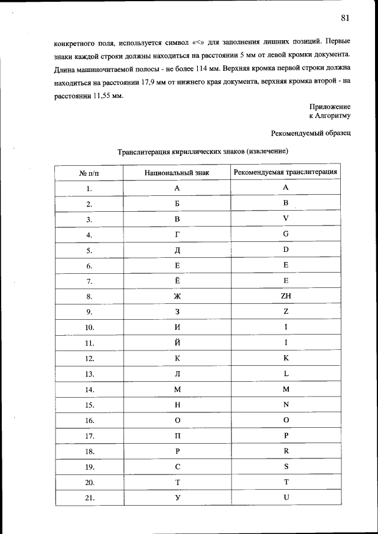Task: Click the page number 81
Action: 346,18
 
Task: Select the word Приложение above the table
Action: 330,106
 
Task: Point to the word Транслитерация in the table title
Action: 144,152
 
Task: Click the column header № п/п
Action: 89,173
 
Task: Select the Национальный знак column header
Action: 177,173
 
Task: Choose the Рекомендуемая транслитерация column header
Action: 286,172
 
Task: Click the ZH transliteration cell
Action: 286,296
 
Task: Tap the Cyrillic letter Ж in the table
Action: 177,296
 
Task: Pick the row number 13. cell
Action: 90,374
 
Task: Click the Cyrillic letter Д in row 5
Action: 177,250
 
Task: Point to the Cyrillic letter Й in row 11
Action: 177,342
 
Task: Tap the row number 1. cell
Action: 90,188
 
